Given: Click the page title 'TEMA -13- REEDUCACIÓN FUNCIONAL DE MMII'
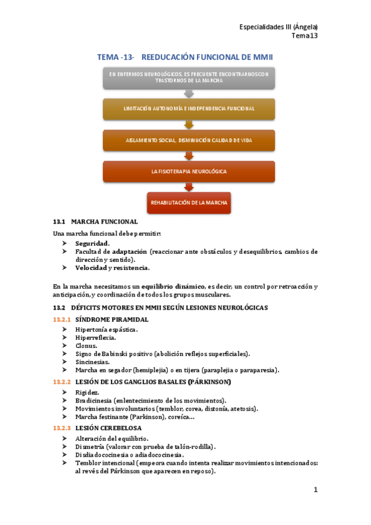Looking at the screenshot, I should pyautogui.click(x=185, y=57).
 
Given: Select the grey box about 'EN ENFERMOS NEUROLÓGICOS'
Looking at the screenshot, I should pyautogui.click(x=188, y=77).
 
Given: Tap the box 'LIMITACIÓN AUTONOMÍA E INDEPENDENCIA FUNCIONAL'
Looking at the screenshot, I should pyautogui.click(x=188, y=108).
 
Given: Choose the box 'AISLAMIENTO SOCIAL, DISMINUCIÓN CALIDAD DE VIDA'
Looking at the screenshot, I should pyautogui.click(x=188, y=140).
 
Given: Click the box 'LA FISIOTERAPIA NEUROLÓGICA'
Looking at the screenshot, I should pyautogui.click(x=188, y=171).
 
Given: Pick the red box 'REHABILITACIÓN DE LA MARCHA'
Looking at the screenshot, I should pyautogui.click(x=188, y=202).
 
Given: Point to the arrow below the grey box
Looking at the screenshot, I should pyautogui.click(x=188, y=93).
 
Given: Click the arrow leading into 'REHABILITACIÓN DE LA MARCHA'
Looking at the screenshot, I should pyautogui.click(x=188, y=187).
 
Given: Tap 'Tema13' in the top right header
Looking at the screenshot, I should pyautogui.click(x=304, y=36).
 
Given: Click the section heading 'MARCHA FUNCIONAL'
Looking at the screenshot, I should pyautogui.click(x=104, y=222).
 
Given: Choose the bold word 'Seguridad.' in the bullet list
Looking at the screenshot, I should pyautogui.click(x=92, y=243).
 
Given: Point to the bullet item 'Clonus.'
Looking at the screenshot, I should pyautogui.click(x=86, y=346).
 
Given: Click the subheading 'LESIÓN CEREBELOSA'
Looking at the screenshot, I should pyautogui.click(x=108, y=428).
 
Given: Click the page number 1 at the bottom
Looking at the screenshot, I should pyautogui.click(x=315, y=490).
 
